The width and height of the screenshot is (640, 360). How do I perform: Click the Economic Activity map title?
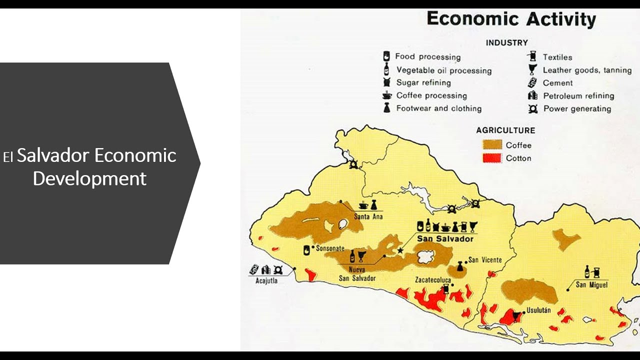[511, 19]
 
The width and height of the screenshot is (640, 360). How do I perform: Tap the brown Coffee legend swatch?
[492, 145]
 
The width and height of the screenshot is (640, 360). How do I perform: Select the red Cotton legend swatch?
[492, 158]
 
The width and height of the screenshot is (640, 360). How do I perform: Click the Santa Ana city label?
[368, 217]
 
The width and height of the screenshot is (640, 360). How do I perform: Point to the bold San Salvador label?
[445, 239]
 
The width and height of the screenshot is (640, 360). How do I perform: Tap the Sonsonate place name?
[330, 248]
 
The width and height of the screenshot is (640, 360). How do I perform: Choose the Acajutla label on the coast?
[266, 280]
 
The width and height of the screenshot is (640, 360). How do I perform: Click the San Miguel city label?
[591, 285]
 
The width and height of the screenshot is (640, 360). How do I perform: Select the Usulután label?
[538, 310]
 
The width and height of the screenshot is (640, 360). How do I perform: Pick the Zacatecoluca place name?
[433, 280]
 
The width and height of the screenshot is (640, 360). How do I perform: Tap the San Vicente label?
[485, 260]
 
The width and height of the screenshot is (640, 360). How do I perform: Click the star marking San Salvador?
[400, 250]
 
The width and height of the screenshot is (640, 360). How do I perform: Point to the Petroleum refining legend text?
[578, 96]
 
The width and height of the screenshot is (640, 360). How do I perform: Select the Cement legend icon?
[532, 83]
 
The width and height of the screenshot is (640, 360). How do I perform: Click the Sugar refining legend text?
[423, 83]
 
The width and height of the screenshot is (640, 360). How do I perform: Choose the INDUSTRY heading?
[506, 43]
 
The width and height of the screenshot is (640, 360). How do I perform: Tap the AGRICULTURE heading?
[505, 130]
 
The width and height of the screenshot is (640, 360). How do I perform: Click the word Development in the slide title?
[89, 178]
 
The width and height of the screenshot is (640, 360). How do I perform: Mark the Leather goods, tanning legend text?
[587, 70]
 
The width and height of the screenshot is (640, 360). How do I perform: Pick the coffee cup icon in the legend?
[387, 95]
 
